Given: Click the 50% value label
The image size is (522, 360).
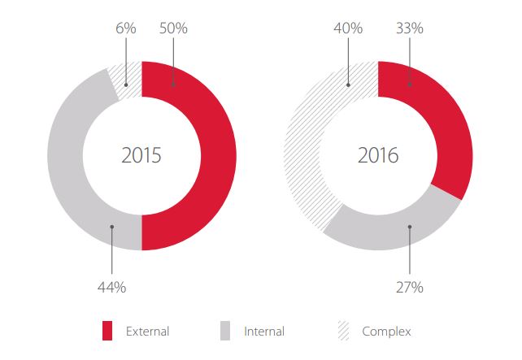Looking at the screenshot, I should point(174,28).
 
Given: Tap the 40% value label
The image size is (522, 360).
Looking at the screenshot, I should point(348,28).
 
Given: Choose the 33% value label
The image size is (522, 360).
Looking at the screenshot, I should point(410,28).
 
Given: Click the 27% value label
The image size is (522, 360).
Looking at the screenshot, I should point(410,287).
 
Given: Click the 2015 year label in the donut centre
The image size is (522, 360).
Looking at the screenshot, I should point(141,155).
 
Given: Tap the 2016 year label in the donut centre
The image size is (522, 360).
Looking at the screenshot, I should point(378,155).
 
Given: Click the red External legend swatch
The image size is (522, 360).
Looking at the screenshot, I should point(107,331).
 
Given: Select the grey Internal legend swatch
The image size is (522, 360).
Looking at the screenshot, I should point(225,331).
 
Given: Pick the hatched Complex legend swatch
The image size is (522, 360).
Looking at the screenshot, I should point(344,331).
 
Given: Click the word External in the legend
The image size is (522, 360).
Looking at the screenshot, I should point(147,332).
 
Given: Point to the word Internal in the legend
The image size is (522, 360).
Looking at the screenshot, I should point(264,332).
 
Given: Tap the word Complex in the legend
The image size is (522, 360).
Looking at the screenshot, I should point(386,332).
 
